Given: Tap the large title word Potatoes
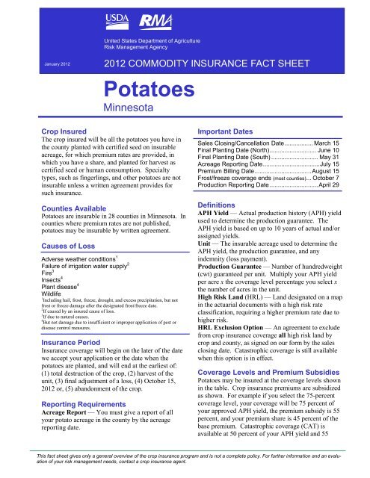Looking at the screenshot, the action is pyautogui.click(x=149, y=91).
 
